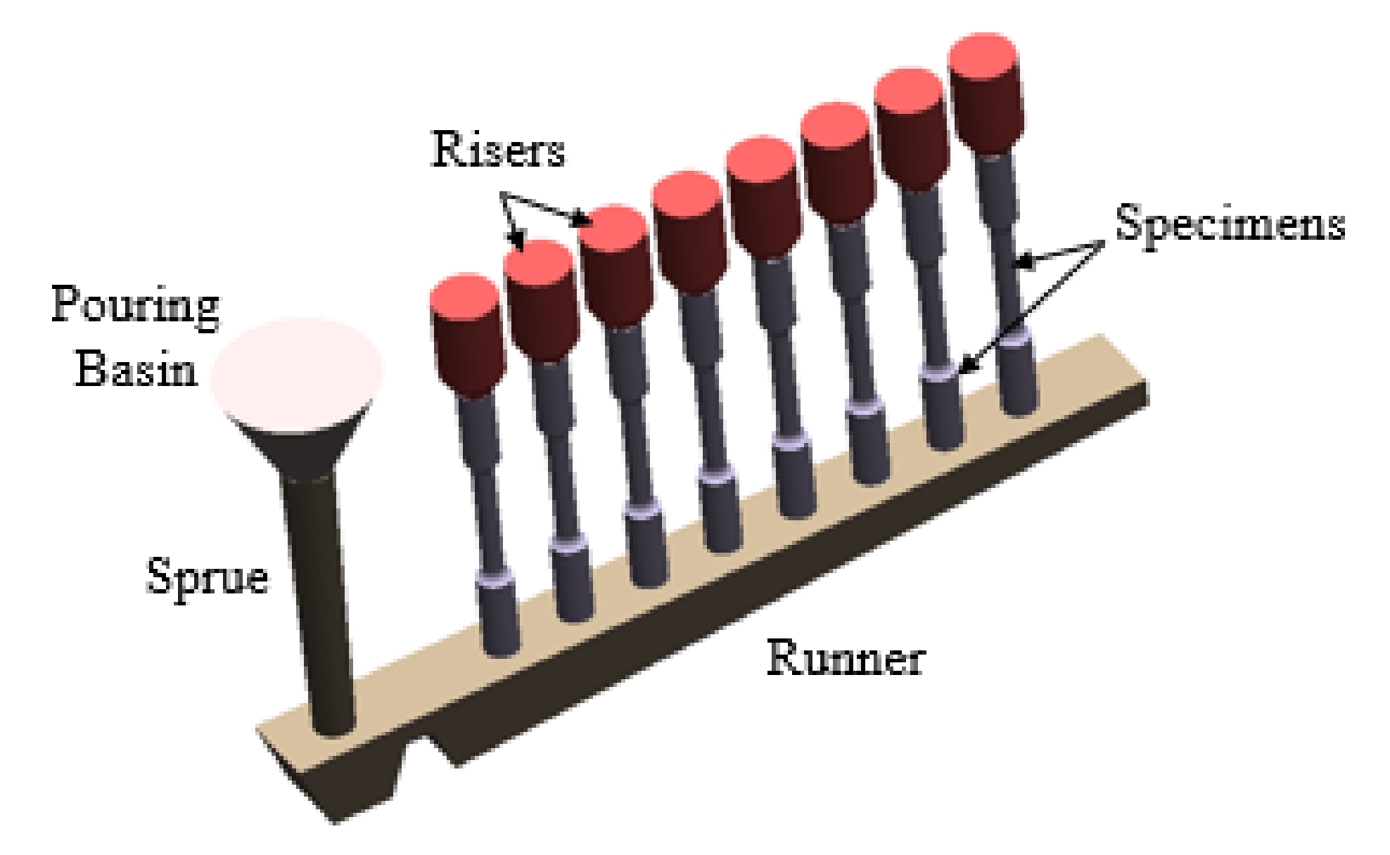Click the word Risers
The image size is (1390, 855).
click(498, 150)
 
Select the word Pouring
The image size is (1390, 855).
click(135, 306)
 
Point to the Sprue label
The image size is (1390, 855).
click(207, 577)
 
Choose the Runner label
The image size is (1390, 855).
click(846, 658)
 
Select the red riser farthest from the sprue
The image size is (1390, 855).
click(985, 91)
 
